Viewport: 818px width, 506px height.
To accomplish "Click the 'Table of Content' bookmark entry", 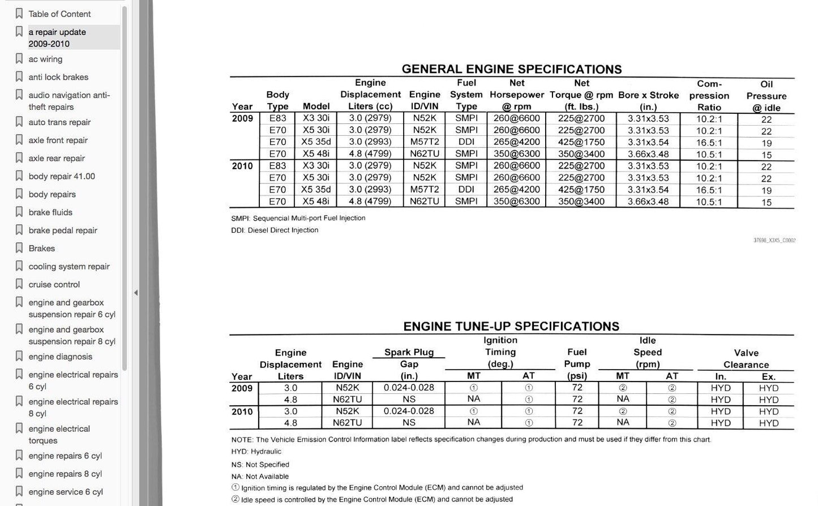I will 59,14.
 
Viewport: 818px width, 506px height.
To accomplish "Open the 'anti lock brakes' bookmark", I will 58,77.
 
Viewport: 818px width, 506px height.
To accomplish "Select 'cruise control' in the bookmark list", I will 54,285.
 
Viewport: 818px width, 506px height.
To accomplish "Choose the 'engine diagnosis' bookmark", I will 60,357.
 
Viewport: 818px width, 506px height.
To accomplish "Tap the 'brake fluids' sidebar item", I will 50,212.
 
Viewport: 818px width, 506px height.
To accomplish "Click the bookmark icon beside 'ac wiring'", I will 19,59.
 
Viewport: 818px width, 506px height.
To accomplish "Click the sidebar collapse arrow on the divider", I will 136,293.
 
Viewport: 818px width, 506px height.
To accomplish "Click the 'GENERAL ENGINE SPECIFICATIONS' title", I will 511,69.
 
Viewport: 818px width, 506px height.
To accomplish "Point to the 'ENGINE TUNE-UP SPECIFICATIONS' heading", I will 511,326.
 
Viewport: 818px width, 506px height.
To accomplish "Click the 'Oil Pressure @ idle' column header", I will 766,96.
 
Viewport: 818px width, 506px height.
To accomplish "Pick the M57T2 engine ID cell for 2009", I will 425,142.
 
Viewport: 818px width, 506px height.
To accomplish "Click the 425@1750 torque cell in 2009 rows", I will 581,142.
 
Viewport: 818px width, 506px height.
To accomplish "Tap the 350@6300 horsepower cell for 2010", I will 516,201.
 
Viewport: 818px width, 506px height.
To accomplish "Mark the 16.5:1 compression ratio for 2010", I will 709,190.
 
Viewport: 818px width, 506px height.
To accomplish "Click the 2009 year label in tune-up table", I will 242,388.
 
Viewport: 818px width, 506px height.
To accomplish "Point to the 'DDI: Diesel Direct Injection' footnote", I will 275,230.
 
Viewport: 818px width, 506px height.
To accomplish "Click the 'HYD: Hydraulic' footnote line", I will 256,452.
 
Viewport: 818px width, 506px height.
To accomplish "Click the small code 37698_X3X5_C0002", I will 774,241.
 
